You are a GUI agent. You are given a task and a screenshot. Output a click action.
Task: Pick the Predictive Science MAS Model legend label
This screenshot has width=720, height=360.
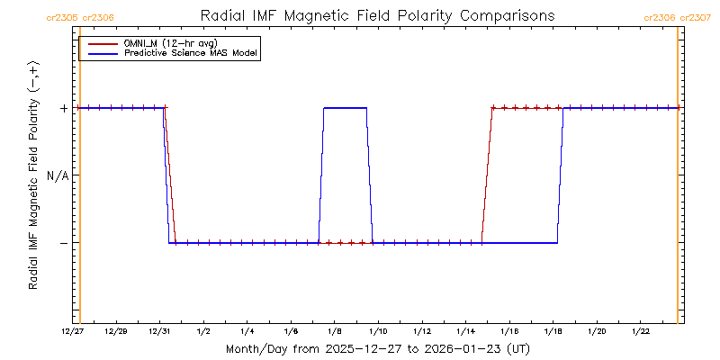pyautogui.click(x=191, y=54)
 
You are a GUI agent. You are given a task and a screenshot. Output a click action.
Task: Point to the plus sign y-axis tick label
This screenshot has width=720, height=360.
pyautogui.click(x=64, y=108)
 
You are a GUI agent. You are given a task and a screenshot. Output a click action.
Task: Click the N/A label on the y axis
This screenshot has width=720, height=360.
pyautogui.click(x=58, y=175)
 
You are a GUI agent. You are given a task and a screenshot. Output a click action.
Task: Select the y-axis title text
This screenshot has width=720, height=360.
pyautogui.click(x=33, y=175)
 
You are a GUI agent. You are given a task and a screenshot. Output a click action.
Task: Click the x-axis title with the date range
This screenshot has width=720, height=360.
pyautogui.click(x=377, y=348)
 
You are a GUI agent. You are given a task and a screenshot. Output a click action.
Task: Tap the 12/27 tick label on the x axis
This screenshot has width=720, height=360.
pyautogui.click(x=73, y=331)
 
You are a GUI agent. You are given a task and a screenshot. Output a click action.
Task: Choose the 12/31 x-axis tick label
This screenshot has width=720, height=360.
pyautogui.click(x=160, y=331)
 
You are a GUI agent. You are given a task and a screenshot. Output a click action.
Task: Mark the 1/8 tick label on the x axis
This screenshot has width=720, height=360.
pyautogui.click(x=335, y=331)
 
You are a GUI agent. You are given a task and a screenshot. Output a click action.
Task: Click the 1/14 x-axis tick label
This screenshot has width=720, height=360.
pyautogui.click(x=465, y=331)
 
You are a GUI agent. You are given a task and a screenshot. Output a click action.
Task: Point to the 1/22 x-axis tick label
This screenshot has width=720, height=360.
pyautogui.click(x=640, y=331)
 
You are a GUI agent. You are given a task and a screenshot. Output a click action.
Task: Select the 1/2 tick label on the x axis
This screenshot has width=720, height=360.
pyautogui.click(x=204, y=331)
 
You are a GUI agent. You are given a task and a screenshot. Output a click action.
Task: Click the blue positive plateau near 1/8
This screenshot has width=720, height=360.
pyautogui.click(x=345, y=108)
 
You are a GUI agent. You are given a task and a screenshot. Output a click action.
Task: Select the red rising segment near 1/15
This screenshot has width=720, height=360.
pyautogui.click(x=487, y=175)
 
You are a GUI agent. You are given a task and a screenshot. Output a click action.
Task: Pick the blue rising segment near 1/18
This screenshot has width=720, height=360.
pyautogui.click(x=560, y=175)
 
